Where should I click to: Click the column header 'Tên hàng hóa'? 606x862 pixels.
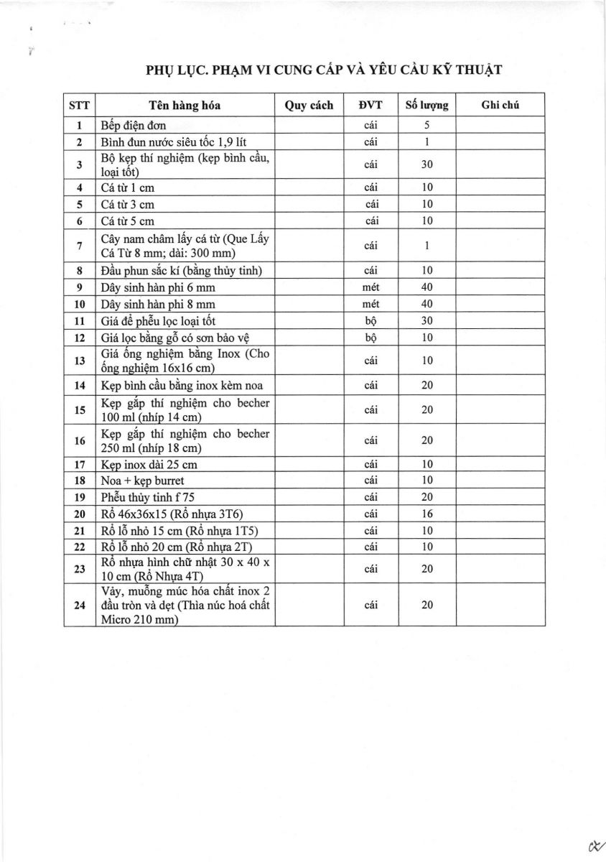click(x=185, y=105)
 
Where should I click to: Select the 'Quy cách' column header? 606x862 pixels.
click(x=309, y=105)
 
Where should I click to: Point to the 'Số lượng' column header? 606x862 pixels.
click(x=426, y=105)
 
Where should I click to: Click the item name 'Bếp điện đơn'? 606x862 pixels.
click(x=134, y=126)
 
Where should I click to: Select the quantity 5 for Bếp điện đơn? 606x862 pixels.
click(x=426, y=126)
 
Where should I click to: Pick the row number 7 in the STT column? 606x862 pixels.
click(x=79, y=246)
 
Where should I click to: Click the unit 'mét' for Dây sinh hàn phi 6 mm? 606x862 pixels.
click(x=371, y=287)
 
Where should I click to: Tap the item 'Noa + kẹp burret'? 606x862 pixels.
click(x=142, y=481)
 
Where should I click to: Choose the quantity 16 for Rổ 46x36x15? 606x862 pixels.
click(x=426, y=514)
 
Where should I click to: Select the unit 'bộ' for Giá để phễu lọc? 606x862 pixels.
click(x=371, y=321)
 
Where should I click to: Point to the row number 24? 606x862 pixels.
click(x=79, y=605)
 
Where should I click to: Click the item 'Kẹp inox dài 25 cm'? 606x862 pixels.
click(x=149, y=464)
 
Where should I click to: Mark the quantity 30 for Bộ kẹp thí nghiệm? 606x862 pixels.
click(x=426, y=164)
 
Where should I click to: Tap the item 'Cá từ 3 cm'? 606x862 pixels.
click(x=128, y=204)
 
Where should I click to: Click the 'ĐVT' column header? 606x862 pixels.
click(x=371, y=105)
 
